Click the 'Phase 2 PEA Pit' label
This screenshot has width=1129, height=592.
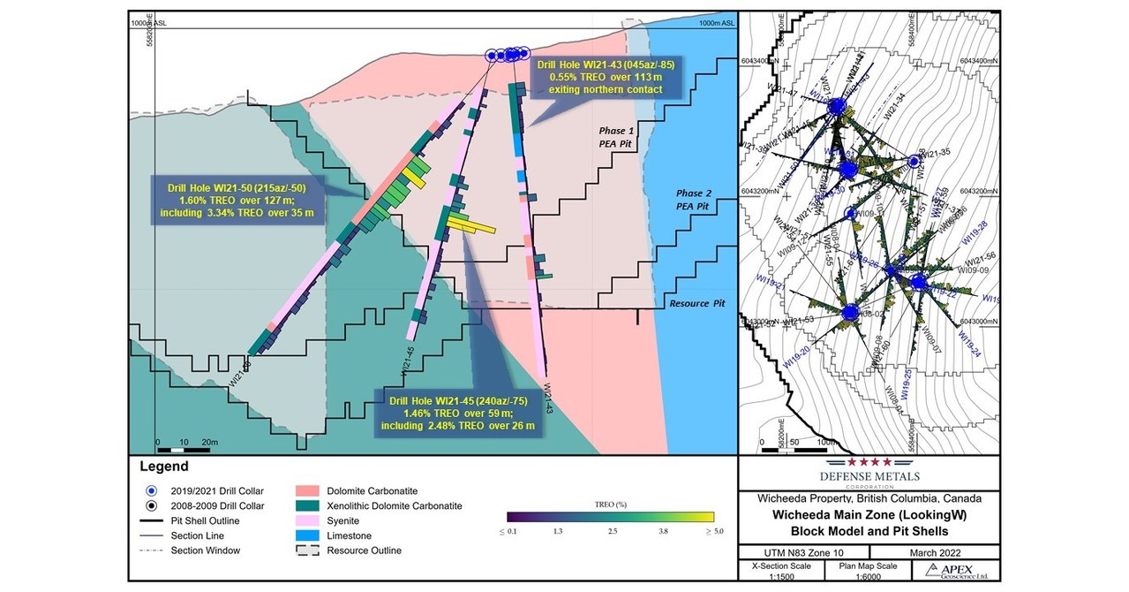click(692, 200)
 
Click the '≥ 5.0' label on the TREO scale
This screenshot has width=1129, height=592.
click(703, 532)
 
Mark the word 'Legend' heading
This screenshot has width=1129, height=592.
click(163, 467)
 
